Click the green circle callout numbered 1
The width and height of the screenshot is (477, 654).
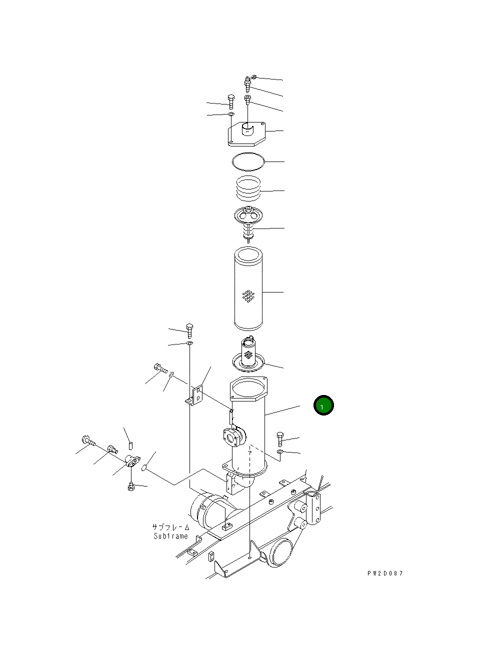[323, 405]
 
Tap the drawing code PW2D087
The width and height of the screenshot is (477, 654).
[385, 573]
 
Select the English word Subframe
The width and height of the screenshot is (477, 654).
[171, 536]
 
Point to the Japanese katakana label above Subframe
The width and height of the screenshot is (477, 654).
[171, 527]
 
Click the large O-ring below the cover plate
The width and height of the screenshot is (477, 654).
[248, 161]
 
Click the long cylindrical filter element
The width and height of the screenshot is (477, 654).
[248, 290]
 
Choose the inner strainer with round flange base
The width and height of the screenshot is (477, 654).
[248, 356]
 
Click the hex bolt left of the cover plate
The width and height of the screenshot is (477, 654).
[230, 101]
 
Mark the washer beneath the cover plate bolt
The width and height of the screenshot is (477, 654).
[231, 115]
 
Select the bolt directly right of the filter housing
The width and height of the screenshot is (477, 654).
[280, 439]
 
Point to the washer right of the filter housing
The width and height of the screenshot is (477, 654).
[280, 452]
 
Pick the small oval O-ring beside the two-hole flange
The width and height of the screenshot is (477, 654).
[144, 468]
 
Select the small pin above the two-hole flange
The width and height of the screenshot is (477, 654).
[131, 445]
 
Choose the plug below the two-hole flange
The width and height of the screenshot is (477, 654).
[131, 486]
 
